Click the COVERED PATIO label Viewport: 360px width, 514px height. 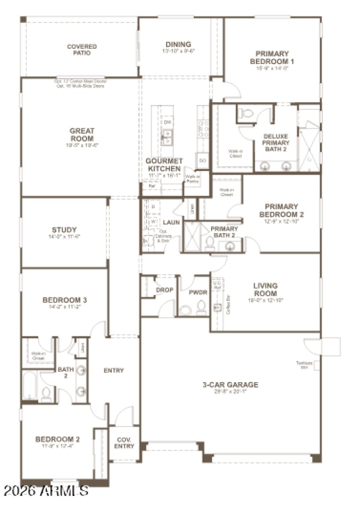tap(82, 50)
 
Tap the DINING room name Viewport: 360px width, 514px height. tap(178, 45)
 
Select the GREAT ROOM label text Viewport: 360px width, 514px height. tap(82, 135)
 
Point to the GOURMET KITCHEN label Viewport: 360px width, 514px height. tap(164, 165)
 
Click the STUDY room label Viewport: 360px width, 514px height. tap(64, 230)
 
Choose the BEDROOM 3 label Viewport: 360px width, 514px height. tap(65, 300)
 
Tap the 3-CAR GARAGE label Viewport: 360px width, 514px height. tap(230, 385)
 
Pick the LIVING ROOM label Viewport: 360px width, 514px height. tap(265, 289)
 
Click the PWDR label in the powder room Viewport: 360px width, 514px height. tap(198, 292)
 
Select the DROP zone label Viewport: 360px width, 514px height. tap(165, 290)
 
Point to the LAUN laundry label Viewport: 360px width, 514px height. tap(171, 222)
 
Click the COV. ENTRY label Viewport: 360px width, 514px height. tap(124, 443)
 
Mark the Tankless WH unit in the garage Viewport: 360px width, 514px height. tap(317, 365)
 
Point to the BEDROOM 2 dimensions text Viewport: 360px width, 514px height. tap(58, 446)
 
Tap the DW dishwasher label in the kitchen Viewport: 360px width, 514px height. tap(167, 122)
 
